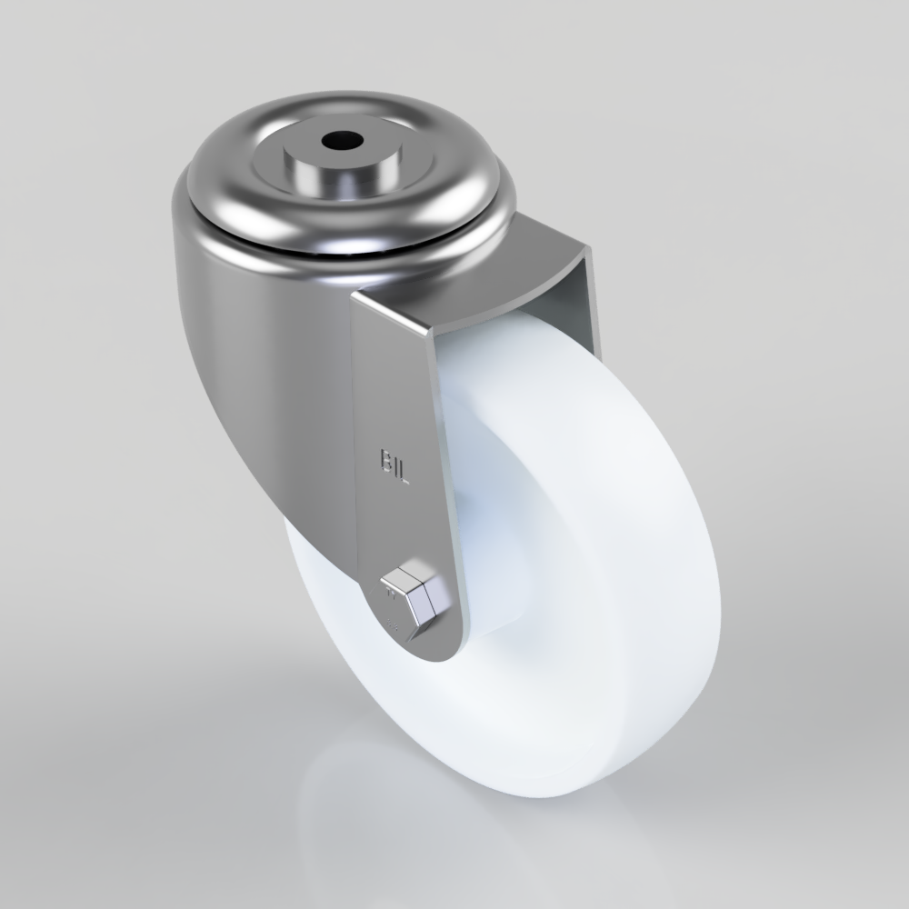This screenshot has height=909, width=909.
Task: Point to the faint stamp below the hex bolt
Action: [x=393, y=627]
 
